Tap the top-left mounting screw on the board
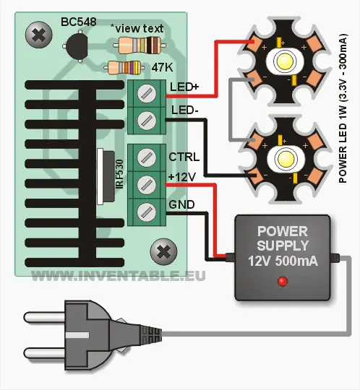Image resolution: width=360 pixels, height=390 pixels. tap(35, 33)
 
